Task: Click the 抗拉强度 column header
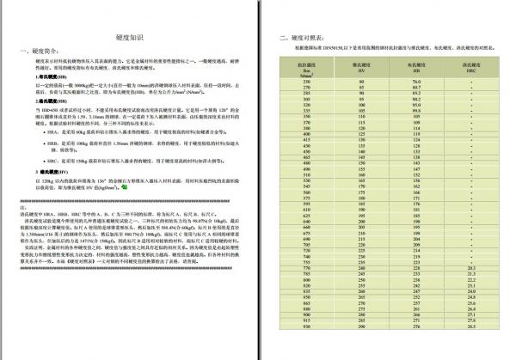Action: pos(307,68)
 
